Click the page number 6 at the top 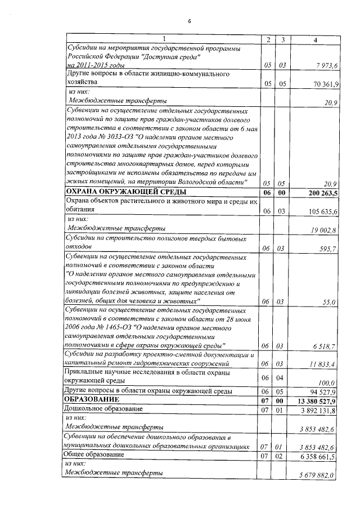[x=190, y=21]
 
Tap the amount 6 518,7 [x=325, y=346]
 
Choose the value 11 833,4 [x=323, y=364]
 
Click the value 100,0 [x=327, y=382]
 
